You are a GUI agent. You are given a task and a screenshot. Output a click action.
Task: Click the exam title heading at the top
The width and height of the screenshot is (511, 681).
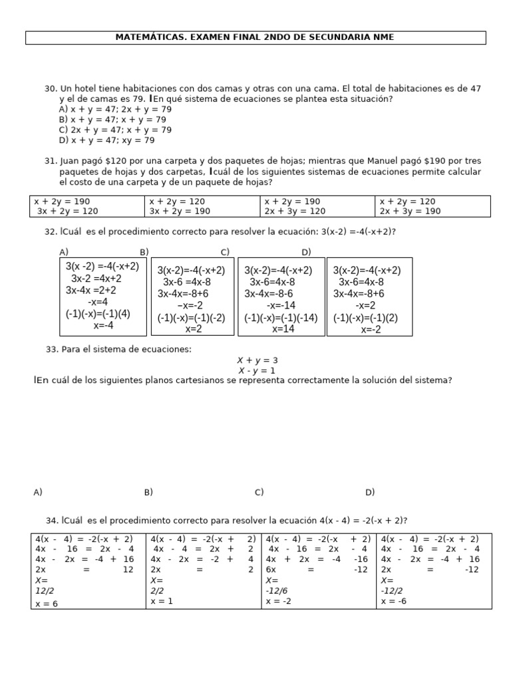pos(255,38)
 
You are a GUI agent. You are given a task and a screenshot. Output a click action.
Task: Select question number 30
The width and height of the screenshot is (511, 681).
pos(51,88)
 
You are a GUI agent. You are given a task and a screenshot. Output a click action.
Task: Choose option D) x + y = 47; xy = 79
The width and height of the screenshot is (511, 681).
pos(106,140)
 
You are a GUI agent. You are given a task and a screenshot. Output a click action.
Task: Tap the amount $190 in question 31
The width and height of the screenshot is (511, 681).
pos(399,161)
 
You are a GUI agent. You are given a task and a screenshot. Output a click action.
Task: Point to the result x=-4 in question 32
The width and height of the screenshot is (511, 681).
pos(103,326)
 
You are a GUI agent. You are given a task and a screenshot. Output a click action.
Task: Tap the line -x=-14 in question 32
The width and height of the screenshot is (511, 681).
pos(281,305)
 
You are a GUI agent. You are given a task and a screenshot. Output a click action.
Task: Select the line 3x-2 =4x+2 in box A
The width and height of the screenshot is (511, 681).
pos(96,278)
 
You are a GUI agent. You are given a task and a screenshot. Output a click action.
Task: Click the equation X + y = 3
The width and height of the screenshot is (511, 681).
pos(257,360)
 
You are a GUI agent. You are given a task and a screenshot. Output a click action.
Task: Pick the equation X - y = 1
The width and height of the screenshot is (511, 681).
pos(256,370)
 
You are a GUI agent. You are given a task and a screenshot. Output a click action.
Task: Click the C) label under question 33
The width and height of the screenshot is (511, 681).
pos(259,492)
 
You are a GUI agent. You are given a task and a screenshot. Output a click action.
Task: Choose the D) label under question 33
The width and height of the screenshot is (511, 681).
pos(370,492)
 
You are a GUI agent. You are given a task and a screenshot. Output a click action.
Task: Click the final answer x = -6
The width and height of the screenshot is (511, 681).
pos(394,601)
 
